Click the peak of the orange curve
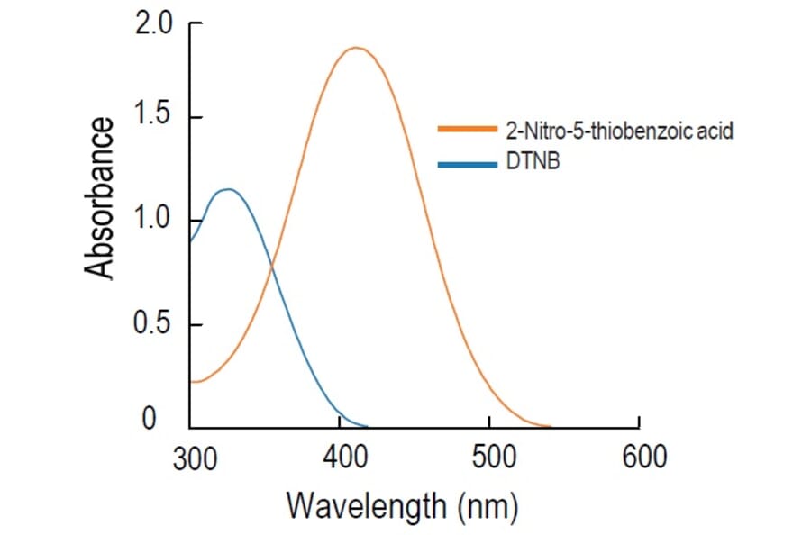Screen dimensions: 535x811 pos(357,48)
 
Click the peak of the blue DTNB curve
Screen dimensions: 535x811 pos(228,189)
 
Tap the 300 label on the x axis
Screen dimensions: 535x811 pos(192,457)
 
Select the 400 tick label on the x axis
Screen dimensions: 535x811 pos(341,457)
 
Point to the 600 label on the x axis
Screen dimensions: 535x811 pos(641,457)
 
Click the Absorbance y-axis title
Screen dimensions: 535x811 pos(101,197)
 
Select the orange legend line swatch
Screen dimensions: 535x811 pos(467,130)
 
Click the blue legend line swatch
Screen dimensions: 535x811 pos(467,164)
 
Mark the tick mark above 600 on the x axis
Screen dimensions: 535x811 pos(639,422)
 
